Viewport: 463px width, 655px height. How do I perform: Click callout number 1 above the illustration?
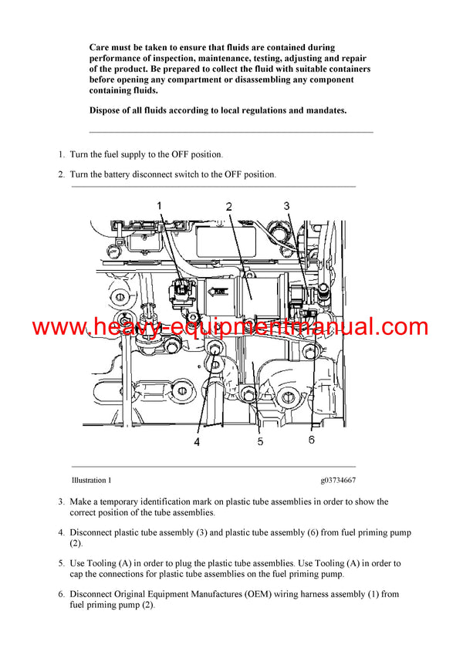pos(160,205)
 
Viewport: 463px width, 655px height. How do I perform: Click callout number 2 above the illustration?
pos(229,206)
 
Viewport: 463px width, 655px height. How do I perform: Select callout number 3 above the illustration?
pos(286,205)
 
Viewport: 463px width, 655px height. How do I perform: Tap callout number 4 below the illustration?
pos(197,442)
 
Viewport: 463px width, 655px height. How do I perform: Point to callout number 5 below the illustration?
pos(260,441)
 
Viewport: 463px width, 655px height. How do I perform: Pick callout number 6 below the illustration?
pos(311,440)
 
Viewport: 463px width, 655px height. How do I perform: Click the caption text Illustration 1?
pos(91,480)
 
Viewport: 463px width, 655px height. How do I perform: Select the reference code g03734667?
pos(338,480)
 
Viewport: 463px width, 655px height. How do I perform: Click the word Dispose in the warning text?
pos(106,110)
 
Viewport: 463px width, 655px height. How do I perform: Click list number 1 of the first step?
pos(61,154)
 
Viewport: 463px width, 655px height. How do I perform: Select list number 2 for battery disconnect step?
pos(61,174)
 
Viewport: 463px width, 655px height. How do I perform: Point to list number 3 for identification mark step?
pos(61,501)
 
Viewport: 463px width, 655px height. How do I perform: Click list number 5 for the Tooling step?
pos(61,563)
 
